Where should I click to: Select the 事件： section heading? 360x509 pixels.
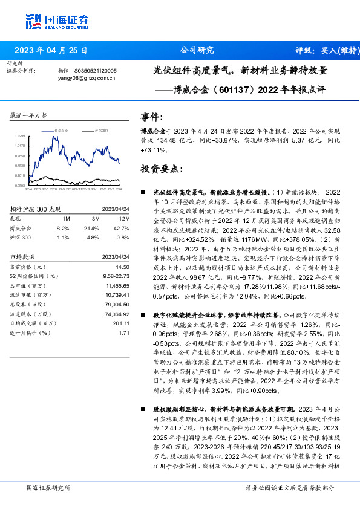[152, 117]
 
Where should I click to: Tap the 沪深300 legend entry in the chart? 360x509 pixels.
[102, 130]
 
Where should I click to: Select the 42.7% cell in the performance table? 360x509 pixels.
[123, 229]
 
